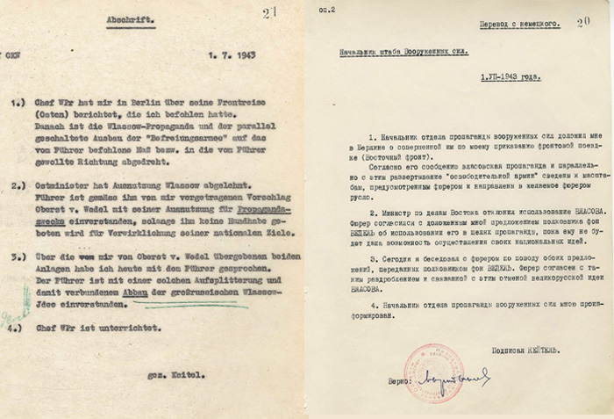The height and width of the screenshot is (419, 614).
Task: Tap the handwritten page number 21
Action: coord(267,11)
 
